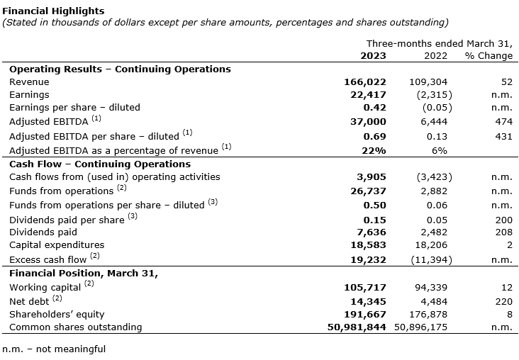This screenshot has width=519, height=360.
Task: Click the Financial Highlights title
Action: [53, 11]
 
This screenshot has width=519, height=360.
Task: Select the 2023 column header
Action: [374, 55]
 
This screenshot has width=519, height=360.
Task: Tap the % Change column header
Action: [489, 55]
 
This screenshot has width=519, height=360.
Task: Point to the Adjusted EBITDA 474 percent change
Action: [503, 122]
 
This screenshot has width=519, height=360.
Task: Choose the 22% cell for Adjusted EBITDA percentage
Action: [374, 150]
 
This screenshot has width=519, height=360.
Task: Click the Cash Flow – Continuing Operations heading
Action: [100, 164]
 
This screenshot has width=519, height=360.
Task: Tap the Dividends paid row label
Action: [43, 232]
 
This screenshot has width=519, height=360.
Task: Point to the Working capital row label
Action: [45, 287]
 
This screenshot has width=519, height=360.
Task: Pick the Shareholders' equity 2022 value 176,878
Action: [428, 314]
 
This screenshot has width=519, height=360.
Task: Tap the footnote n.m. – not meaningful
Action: [54, 349]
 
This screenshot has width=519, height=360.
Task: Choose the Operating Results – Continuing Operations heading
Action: [120, 69]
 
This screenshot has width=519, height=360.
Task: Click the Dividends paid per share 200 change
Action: [503, 220]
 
